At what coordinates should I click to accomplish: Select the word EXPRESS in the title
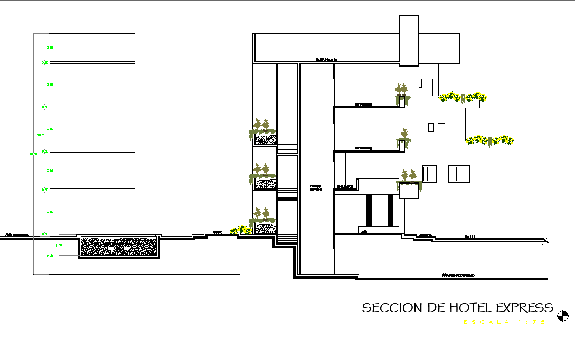point(523,308)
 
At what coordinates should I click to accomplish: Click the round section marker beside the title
point(564,316)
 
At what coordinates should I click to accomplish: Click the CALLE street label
point(470,237)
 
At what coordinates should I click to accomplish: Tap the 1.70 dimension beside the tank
point(59,245)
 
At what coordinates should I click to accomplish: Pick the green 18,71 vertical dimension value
point(41,135)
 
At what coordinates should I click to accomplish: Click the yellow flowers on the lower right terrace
point(489,140)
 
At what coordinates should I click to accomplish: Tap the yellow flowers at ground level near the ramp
point(240,230)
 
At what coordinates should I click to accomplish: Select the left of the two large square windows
point(430,174)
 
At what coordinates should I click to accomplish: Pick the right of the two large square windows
point(459,174)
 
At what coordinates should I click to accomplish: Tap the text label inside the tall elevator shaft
point(316,187)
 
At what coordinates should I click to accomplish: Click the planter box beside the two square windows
point(409,189)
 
